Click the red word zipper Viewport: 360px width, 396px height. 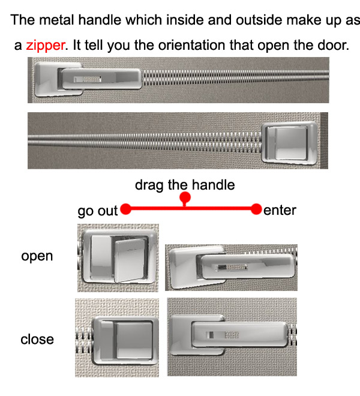pos(46,46)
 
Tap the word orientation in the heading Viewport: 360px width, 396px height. pos(191,46)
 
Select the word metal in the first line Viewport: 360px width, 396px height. pos(56,20)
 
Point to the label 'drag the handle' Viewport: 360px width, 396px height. pos(185,185)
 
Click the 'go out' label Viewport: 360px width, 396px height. pos(98,211)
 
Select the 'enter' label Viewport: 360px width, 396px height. pos(280,211)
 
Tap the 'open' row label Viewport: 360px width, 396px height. pos(37,256)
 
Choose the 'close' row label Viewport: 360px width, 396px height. pos(37,339)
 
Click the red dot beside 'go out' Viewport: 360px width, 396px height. pos(125,209)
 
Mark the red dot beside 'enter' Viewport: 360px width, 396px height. pos(256,209)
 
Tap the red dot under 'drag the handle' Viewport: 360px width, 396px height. pos(185,197)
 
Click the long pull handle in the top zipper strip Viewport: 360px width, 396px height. pos(101,79)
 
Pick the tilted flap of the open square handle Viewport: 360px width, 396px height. pos(130,260)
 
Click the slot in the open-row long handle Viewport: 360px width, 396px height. pos(232,267)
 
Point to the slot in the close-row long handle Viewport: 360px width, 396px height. pos(223,335)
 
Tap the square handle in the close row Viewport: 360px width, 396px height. pos(125,340)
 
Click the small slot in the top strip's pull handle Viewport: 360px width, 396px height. pos(88,79)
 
